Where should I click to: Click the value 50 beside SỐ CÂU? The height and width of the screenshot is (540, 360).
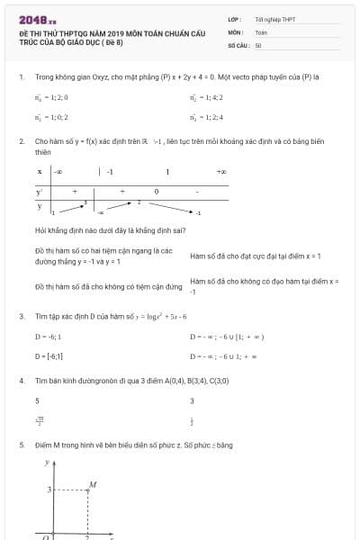(x=258, y=44)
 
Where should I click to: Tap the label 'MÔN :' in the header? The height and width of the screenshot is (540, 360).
(x=237, y=31)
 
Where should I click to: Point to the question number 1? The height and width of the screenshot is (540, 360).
(x=21, y=76)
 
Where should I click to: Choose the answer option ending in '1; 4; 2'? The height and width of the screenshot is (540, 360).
(x=206, y=96)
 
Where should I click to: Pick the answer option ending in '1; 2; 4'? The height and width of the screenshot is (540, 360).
(x=206, y=117)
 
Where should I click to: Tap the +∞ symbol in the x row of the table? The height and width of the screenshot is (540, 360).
(x=220, y=171)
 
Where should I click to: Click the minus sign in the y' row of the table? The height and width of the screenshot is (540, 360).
(x=197, y=191)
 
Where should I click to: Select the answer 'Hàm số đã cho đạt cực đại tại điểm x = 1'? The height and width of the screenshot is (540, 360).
(x=256, y=256)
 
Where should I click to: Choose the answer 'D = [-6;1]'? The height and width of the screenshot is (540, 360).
(x=49, y=356)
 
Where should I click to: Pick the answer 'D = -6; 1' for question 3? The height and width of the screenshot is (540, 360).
(x=48, y=337)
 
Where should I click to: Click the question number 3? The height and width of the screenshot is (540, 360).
(x=21, y=317)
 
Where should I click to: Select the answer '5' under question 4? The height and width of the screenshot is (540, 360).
(x=37, y=400)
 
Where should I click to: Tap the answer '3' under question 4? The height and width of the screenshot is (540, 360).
(x=193, y=400)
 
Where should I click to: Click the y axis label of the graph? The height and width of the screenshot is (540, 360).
(x=48, y=463)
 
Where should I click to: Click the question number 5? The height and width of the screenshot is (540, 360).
(x=21, y=445)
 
